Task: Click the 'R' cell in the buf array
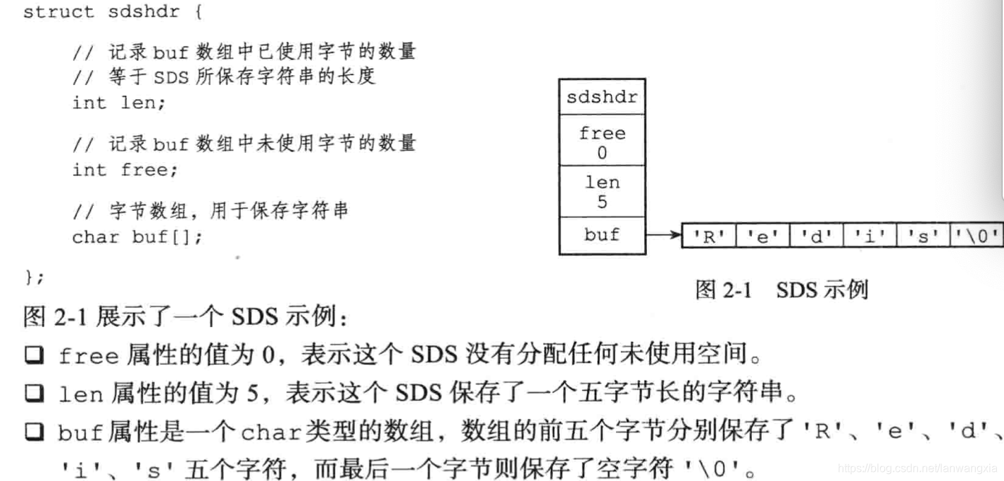[708, 237]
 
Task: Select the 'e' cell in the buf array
[763, 237]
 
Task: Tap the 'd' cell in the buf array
[817, 237]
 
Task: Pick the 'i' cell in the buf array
[870, 237]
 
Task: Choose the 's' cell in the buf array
[924, 237]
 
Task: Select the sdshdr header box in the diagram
[601, 97]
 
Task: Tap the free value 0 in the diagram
[601, 152]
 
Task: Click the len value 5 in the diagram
[601, 203]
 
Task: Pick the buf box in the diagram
[601, 235]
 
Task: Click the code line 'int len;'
[118, 103]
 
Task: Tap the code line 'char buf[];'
[137, 237]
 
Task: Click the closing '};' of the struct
[33, 277]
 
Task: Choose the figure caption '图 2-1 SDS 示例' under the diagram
[781, 289]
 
